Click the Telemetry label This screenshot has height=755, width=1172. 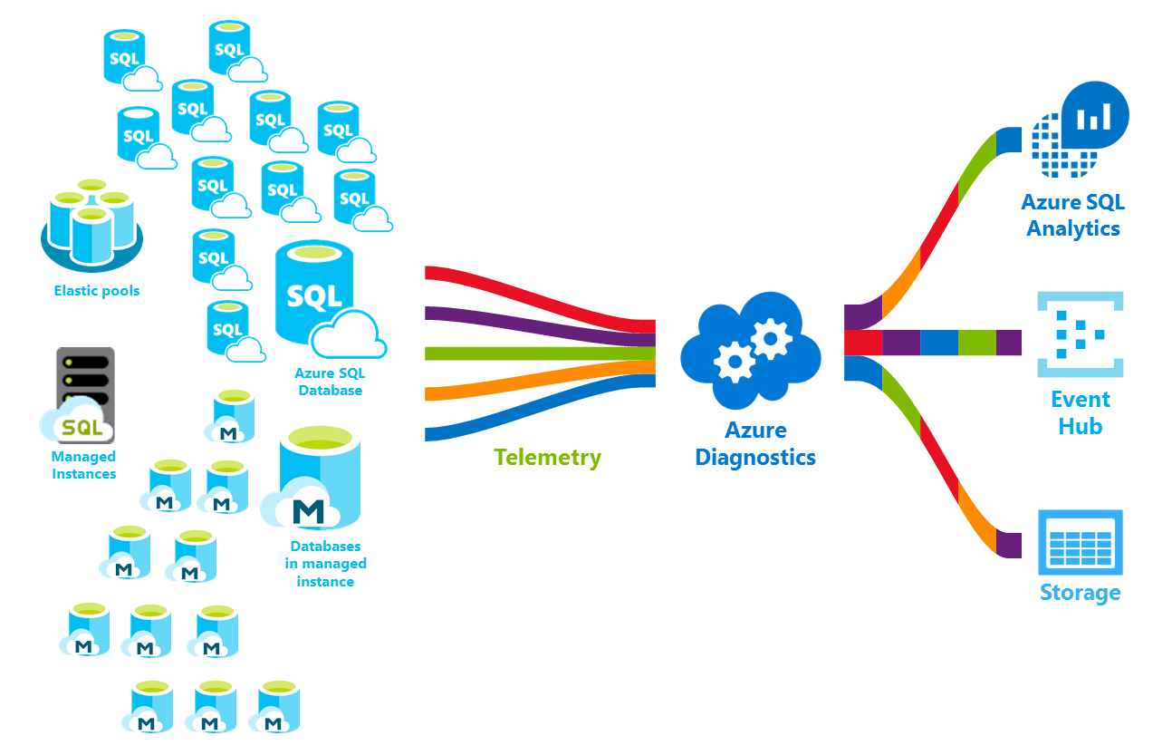(547, 458)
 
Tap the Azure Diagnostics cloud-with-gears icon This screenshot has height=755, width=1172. (750, 350)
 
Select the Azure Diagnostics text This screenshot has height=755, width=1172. (754, 443)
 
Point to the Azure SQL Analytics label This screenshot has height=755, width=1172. (1072, 215)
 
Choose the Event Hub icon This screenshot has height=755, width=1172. (1080, 334)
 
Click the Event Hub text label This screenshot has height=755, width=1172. (1080, 412)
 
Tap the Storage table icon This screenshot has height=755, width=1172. (1080, 542)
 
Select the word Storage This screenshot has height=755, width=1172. (1080, 593)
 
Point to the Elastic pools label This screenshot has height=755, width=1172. (96, 291)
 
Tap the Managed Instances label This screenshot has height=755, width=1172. (83, 465)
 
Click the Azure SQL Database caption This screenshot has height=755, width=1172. (330, 382)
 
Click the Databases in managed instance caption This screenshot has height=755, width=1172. (325, 563)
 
